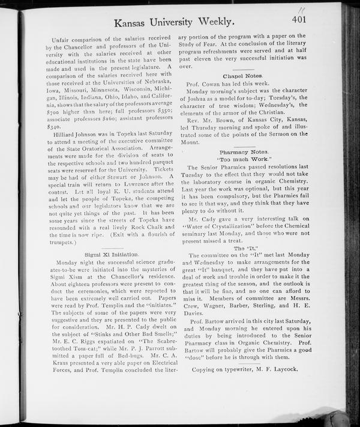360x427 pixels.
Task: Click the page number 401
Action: click(299, 19)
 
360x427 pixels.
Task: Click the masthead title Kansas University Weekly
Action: click(174, 22)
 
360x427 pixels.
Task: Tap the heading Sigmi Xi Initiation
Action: click(109, 254)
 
